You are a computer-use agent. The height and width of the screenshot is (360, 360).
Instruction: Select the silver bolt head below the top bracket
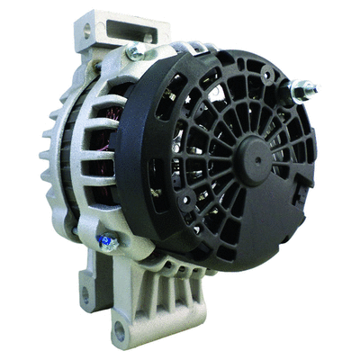point(137,53)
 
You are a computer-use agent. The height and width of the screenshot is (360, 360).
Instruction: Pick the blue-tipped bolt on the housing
point(105,240)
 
